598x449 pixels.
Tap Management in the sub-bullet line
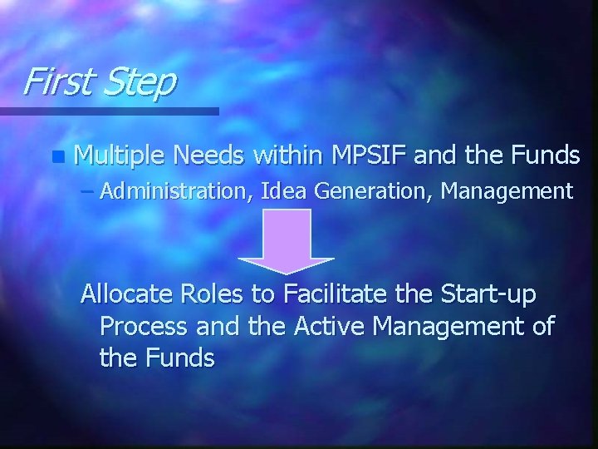pyautogui.click(x=507, y=191)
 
